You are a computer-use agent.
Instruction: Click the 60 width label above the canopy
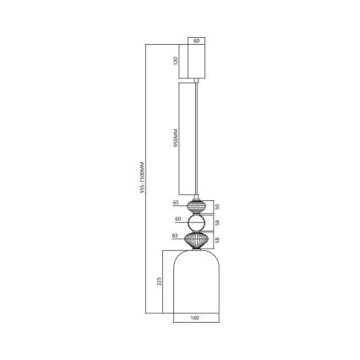click(x=196, y=41)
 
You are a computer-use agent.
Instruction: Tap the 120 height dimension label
click(x=176, y=61)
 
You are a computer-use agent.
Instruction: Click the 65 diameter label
click(x=176, y=204)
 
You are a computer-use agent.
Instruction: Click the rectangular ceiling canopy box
click(x=196, y=61)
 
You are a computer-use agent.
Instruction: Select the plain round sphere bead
click(x=196, y=223)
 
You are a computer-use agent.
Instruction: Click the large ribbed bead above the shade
click(x=196, y=241)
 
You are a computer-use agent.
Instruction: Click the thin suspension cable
click(x=198, y=135)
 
